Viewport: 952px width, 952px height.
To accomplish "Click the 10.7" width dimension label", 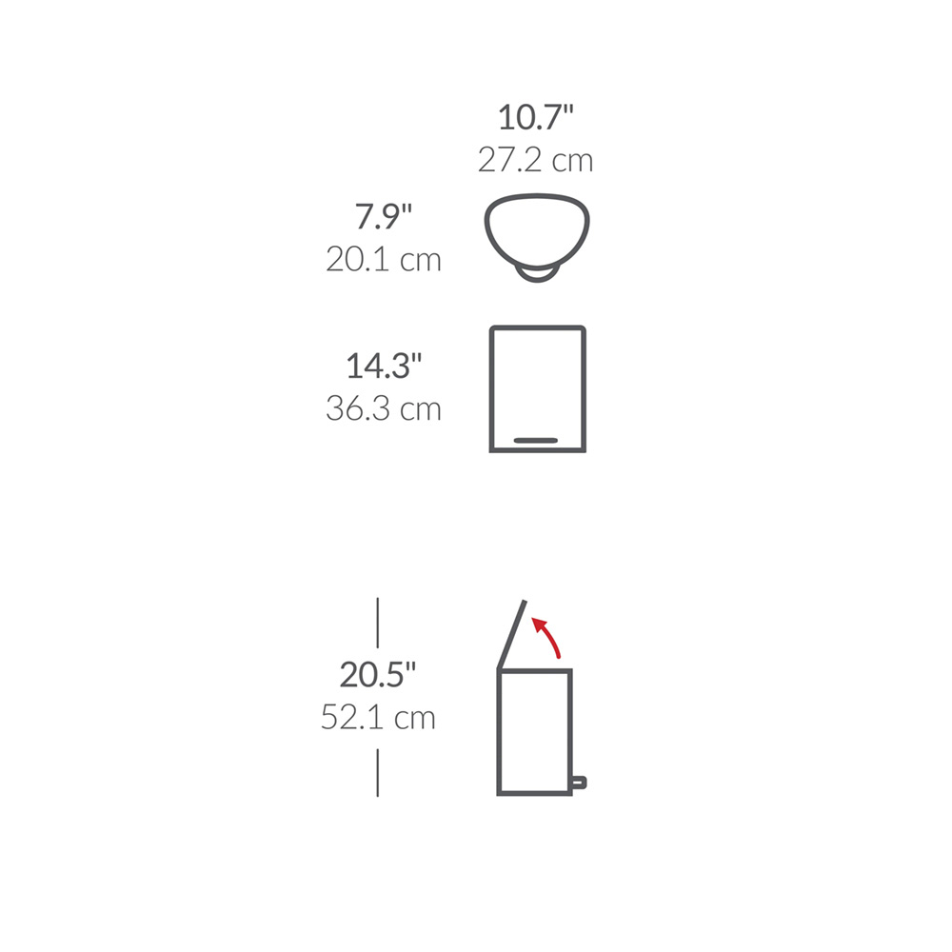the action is click(x=535, y=117).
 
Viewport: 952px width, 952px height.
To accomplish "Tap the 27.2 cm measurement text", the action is click(x=535, y=160).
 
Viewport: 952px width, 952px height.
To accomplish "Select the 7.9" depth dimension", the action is click(x=383, y=216).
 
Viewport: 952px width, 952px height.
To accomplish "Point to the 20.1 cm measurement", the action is click(x=383, y=260).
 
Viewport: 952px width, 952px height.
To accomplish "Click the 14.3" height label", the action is click(x=383, y=367).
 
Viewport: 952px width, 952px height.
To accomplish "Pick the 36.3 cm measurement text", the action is click(x=383, y=408).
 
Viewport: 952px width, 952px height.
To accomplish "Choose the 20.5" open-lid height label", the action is click(x=378, y=675).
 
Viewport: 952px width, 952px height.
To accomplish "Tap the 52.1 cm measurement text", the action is click(x=378, y=718).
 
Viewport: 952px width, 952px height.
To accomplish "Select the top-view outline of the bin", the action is click(x=537, y=196).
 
